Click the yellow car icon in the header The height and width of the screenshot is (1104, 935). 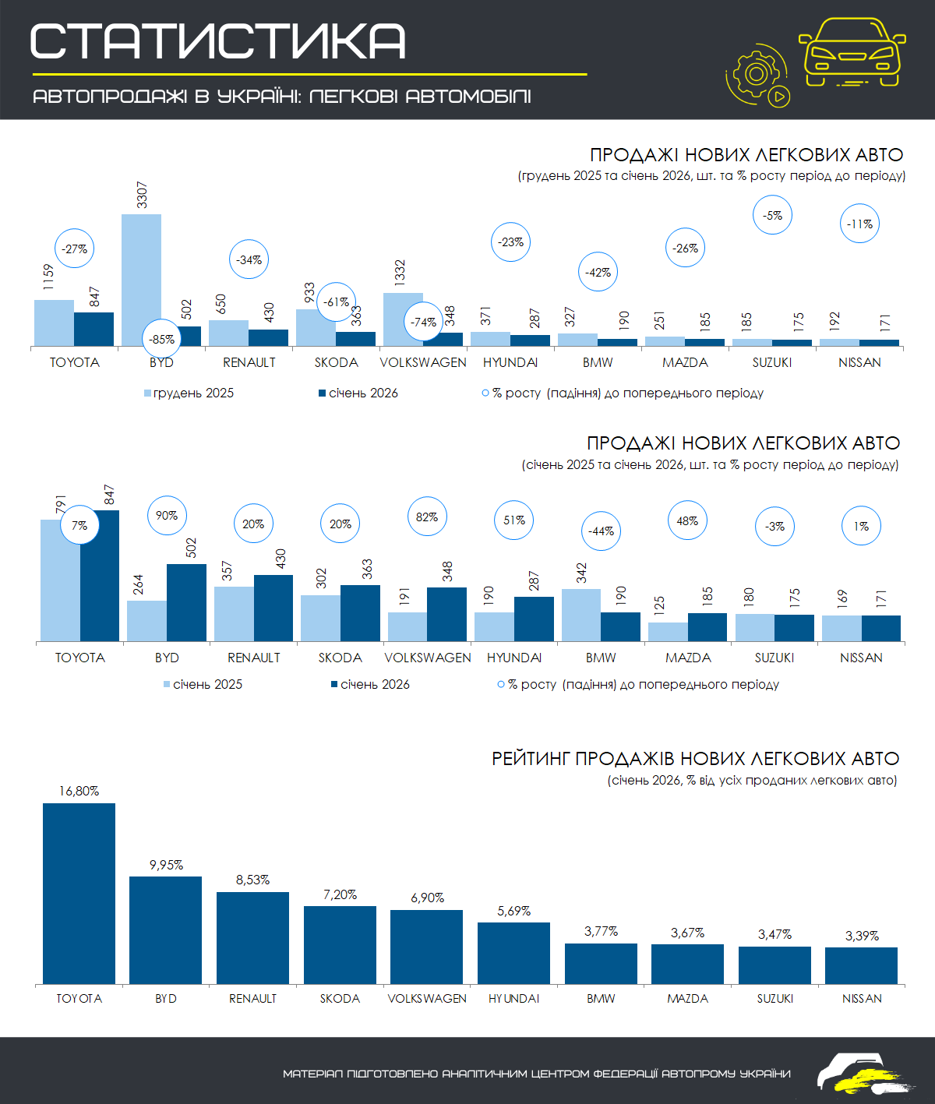(x=852, y=51)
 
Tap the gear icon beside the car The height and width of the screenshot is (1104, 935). (x=755, y=74)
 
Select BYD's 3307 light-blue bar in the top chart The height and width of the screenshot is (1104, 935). (x=141, y=280)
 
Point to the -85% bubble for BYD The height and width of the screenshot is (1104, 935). (x=162, y=340)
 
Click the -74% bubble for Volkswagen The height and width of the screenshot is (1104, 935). (x=424, y=323)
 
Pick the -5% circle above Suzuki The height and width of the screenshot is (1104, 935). (x=772, y=216)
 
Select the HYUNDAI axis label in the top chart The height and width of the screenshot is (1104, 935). (x=510, y=363)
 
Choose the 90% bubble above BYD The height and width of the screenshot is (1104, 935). (x=167, y=516)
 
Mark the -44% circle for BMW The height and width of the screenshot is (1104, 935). (x=601, y=531)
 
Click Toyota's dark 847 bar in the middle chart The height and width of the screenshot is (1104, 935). (x=100, y=576)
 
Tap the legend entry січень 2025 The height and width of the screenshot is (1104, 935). (x=203, y=685)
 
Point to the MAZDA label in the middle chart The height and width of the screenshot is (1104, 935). (x=688, y=658)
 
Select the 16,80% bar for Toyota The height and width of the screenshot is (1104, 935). (x=79, y=893)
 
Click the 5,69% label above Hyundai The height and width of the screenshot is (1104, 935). (x=514, y=912)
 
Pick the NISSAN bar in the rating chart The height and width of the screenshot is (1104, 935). (x=861, y=965)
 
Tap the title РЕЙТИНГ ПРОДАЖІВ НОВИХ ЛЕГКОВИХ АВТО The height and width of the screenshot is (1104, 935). (x=695, y=759)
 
